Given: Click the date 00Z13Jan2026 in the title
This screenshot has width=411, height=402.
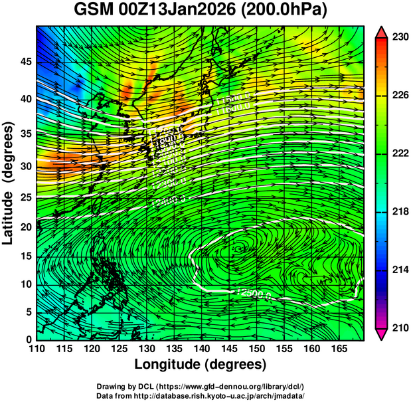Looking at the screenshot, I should [x=180, y=11].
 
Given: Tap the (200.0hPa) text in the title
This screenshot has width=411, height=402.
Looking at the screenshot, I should [x=284, y=11].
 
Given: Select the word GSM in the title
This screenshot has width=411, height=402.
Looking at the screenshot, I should [x=94, y=11].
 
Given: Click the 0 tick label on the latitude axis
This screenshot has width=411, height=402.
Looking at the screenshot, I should [x=29, y=339].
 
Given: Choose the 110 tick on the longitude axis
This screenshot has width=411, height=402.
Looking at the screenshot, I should [x=37, y=349].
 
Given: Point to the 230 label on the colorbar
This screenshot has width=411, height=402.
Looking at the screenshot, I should [x=400, y=38].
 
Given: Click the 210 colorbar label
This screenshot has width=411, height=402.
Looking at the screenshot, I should [x=400, y=328].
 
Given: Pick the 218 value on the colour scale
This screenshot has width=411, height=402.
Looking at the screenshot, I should [x=400, y=212].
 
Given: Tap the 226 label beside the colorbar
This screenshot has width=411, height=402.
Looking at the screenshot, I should [x=400, y=96].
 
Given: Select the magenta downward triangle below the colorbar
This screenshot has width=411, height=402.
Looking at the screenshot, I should [x=382, y=334].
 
